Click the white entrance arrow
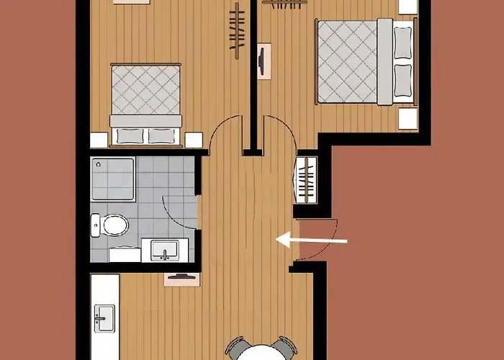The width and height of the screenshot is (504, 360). [312, 240]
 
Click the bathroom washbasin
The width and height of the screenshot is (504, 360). [166, 251]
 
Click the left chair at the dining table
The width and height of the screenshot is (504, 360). [235, 348]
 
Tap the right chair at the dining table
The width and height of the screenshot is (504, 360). [285, 348]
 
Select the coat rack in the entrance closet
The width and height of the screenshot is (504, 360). [307, 180]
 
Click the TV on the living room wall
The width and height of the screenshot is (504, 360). [179, 276]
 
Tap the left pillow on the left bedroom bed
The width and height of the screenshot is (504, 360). [128, 135]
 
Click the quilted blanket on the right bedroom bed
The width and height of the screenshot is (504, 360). [348, 62]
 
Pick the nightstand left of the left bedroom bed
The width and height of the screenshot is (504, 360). [99, 140]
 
